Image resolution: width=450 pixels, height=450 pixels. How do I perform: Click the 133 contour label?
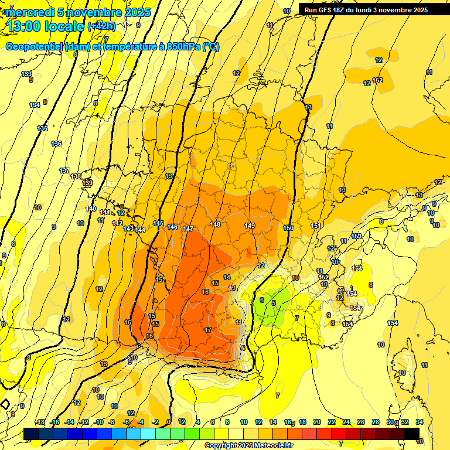pyautogui.click(x=26, y=74)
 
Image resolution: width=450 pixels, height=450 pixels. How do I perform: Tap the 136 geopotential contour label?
pyautogui.click(x=56, y=144)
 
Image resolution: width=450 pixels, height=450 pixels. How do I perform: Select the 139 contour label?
pyautogui.click(x=87, y=183)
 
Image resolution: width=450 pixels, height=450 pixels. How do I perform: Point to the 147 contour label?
pyautogui.click(x=188, y=229)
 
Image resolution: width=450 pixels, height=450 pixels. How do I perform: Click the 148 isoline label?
pyautogui.click(x=215, y=225)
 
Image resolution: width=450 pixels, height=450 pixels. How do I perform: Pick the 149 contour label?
pyautogui.click(x=250, y=226)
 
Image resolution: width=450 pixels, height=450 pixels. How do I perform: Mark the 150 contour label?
pyautogui.click(x=288, y=229)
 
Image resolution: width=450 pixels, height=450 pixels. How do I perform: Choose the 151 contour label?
pyautogui.click(x=316, y=226)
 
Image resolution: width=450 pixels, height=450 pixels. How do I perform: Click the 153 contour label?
pyautogui.click(x=356, y=236)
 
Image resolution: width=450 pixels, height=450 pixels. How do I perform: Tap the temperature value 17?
pyautogui.click(x=208, y=330)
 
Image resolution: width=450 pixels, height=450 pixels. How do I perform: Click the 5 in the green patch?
pyautogui.click(x=274, y=302)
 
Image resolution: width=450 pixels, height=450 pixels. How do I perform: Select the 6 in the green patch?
pyautogui.click(x=261, y=300)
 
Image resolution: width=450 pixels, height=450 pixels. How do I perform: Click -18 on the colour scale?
pyautogui.click(x=40, y=422)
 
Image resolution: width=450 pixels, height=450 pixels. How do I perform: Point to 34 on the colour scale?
pyautogui.click(x=420, y=422)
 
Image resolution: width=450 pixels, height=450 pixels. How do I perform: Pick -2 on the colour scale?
pyautogui.click(x=155, y=422)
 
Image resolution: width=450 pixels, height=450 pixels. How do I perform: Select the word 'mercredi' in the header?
pyautogui.click(x=30, y=12)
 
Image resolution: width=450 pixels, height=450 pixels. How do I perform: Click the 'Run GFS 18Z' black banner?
pyautogui.click(x=366, y=9)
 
